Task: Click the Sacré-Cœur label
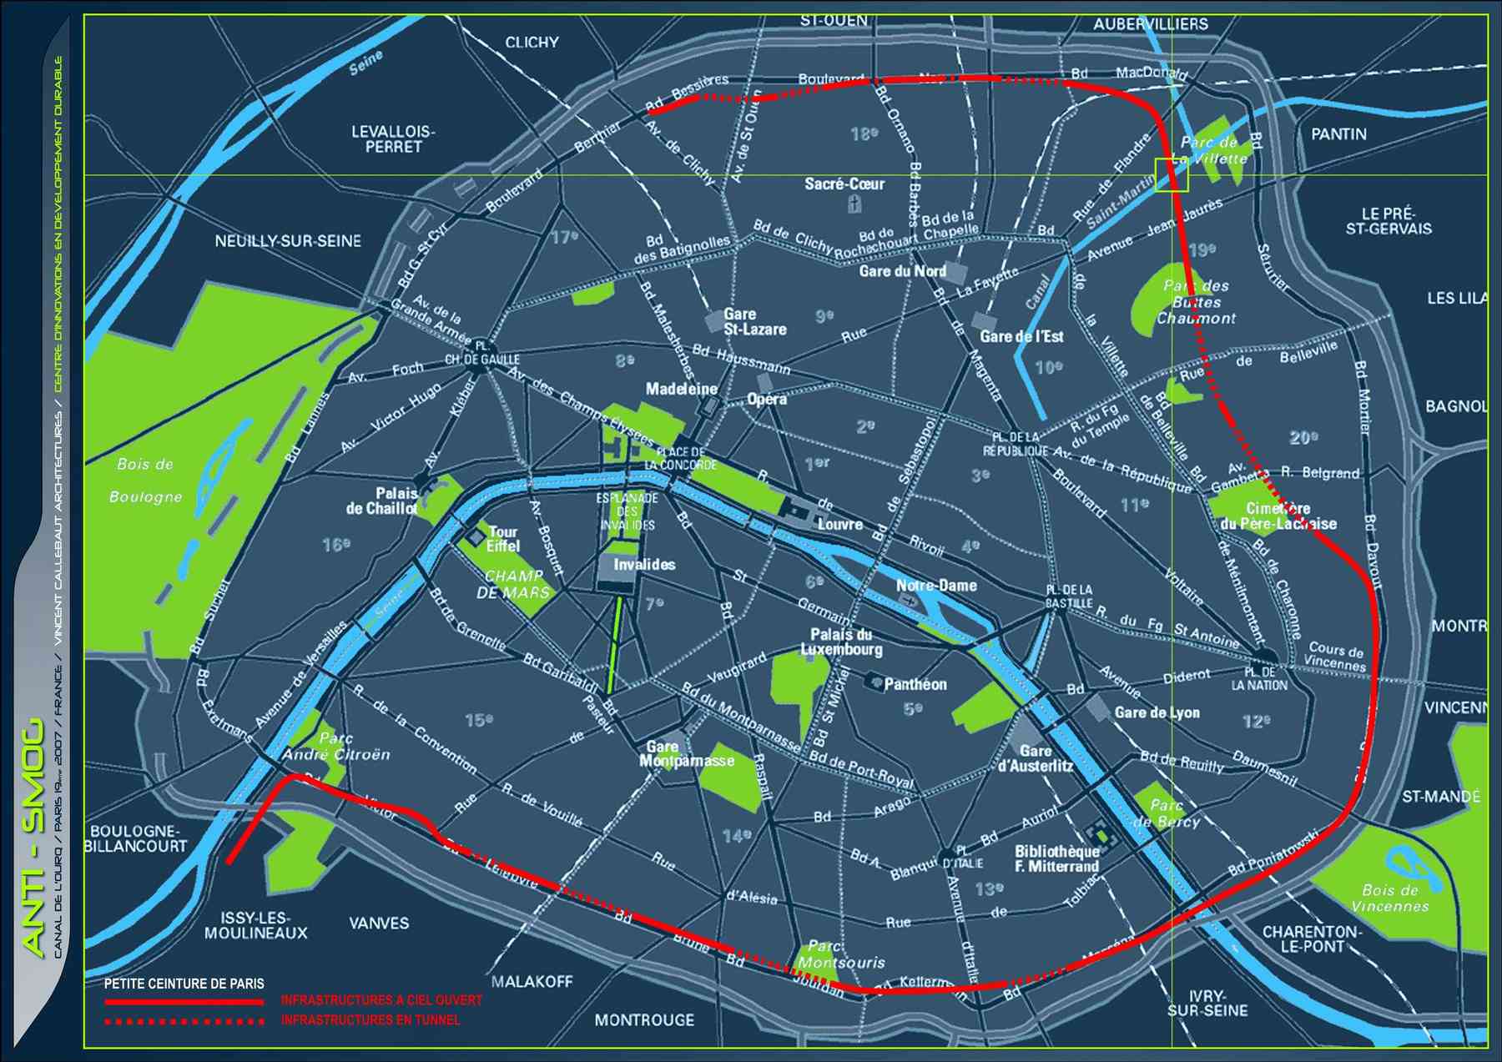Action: [844, 184]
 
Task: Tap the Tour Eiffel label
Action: [503, 539]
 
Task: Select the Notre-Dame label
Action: [935, 586]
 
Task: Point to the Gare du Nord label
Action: [902, 271]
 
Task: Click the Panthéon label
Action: [915, 684]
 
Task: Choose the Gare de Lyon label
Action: [1157, 712]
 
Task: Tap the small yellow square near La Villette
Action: [1171, 175]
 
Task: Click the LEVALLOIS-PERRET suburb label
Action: [393, 138]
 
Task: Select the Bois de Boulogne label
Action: [145, 480]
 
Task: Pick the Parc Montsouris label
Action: [840, 954]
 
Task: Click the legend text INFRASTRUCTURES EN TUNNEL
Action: [370, 1019]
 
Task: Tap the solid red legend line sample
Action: [184, 1000]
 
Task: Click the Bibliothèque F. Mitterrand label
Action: [1056, 859]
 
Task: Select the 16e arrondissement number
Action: [336, 545]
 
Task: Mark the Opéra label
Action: [766, 399]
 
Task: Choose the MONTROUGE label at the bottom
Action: [643, 1019]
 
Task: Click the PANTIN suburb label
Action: [1338, 133]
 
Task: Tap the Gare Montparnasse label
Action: [686, 754]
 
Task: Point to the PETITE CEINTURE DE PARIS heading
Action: [184, 984]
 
